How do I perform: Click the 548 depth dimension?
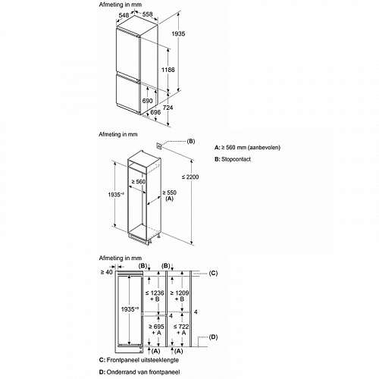pos(124,15)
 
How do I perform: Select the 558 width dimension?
pos(147,14)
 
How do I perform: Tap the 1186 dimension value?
pos(168,70)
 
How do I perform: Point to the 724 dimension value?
pos(168,108)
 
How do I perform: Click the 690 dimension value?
pos(147,101)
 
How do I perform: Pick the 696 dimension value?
pos(155,112)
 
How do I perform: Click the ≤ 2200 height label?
pos(190,177)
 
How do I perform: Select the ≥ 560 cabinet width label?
pos(138,182)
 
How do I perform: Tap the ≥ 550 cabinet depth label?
pos(169,193)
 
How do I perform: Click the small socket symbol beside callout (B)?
pos(159,146)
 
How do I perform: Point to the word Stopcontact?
pos(236,159)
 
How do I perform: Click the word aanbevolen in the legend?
pos(265,148)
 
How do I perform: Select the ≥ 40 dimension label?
pos(106,272)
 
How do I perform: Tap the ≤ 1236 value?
pos(155,293)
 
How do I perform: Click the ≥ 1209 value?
pos(180,293)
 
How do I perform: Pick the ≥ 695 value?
pos(156,327)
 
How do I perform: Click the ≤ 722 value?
pos(181,327)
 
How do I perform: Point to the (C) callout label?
pos(213,273)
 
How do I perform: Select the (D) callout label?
pos(213,337)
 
